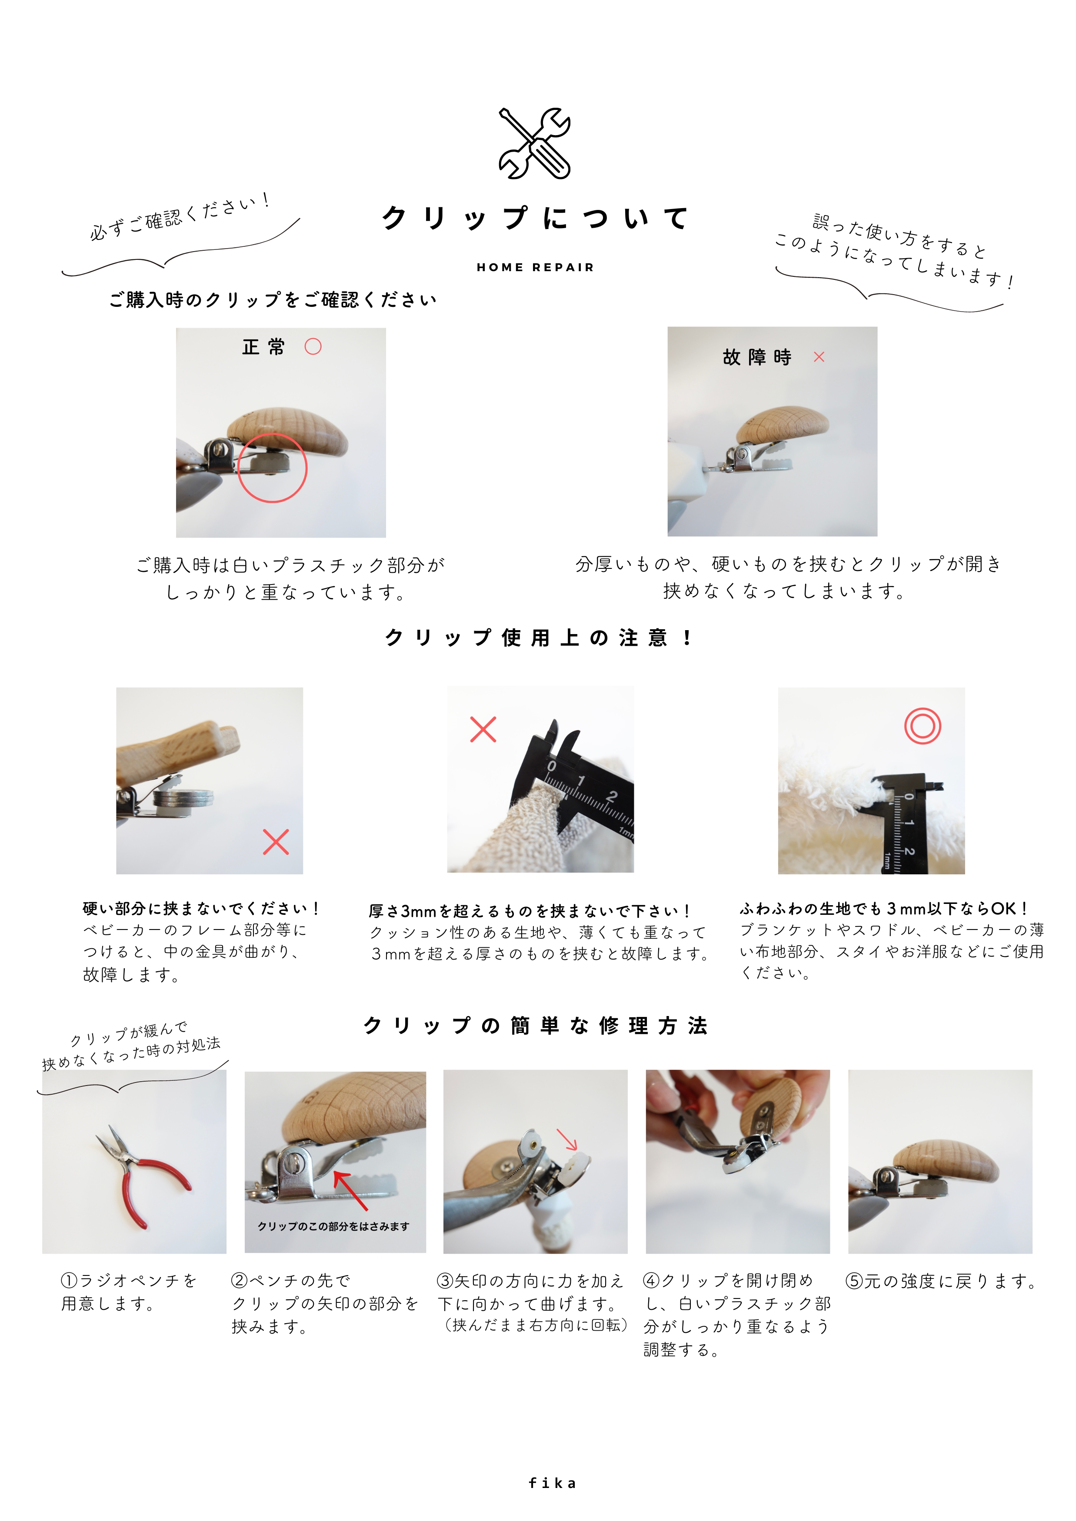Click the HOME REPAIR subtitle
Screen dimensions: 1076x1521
coord(535,268)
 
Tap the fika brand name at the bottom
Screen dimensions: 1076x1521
coord(552,1483)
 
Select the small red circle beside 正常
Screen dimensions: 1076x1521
coord(313,346)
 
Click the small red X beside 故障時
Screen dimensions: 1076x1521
coord(819,357)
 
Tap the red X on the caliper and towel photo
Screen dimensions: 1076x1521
coord(483,729)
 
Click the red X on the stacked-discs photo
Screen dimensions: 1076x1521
coord(276,842)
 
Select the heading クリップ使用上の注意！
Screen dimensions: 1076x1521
coord(538,638)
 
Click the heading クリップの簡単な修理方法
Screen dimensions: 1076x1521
coord(535,1026)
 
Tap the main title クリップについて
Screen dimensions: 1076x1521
coord(535,218)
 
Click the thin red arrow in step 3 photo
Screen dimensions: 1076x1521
coord(567,1139)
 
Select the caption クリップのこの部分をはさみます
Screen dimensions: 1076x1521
coord(333,1226)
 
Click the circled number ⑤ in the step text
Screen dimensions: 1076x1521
coord(854,1281)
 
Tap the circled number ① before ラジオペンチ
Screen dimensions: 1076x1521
coord(69,1281)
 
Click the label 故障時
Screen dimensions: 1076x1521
coord(757,357)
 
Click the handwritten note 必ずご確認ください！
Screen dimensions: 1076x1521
coord(180,216)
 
